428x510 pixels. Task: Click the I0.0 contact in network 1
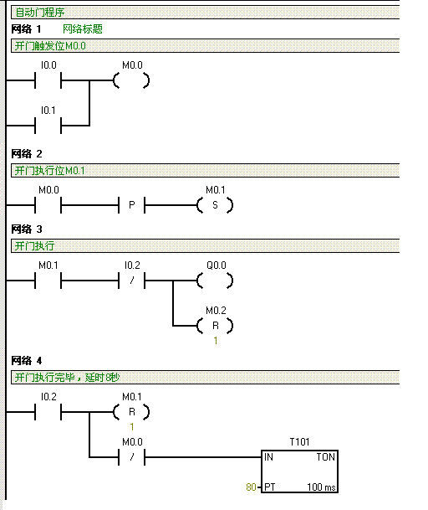tap(48, 80)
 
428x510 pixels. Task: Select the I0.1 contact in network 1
tap(48, 126)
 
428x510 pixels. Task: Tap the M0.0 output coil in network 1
tap(131, 80)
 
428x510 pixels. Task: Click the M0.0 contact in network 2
tap(48, 205)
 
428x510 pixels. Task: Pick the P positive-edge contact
tap(131, 205)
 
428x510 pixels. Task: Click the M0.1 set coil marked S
tap(215, 205)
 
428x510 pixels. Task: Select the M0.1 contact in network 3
tap(48, 281)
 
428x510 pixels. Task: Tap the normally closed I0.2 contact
tap(131, 281)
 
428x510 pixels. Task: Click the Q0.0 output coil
tap(215, 281)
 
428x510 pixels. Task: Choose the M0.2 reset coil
tap(215, 326)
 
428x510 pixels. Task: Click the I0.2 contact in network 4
tap(48, 412)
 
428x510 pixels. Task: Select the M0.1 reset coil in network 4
tap(131, 412)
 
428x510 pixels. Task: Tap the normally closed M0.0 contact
tap(131, 457)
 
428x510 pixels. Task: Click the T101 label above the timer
tap(299, 442)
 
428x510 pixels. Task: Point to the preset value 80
tap(251, 487)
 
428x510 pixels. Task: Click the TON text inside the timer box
tap(326, 457)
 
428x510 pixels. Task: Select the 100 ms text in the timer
tap(321, 487)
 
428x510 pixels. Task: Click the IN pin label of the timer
tap(268, 457)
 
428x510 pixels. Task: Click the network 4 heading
tap(27, 361)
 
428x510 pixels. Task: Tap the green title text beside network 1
tap(83, 29)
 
